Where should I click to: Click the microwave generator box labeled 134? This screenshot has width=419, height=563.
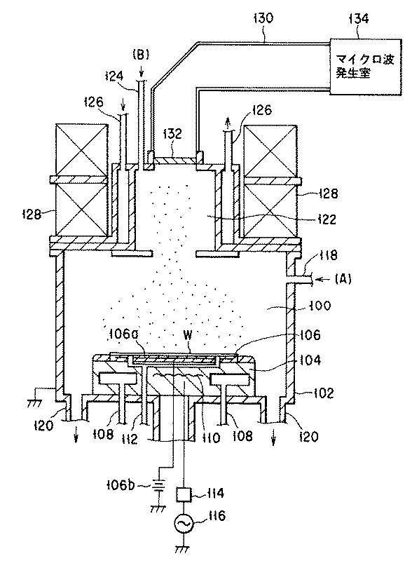(365, 67)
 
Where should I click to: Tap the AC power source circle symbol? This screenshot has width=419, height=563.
(184, 524)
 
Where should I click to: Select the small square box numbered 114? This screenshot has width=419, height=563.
(184, 494)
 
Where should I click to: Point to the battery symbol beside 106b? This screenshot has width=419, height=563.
(160, 487)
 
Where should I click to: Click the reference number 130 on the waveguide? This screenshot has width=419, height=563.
(263, 19)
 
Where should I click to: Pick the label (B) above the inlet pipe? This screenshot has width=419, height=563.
(141, 55)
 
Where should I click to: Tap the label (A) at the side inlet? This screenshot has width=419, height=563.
(343, 278)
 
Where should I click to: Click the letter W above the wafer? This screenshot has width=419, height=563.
(188, 335)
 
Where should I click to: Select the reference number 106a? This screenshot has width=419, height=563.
(122, 334)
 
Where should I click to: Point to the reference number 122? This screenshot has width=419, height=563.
(326, 219)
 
